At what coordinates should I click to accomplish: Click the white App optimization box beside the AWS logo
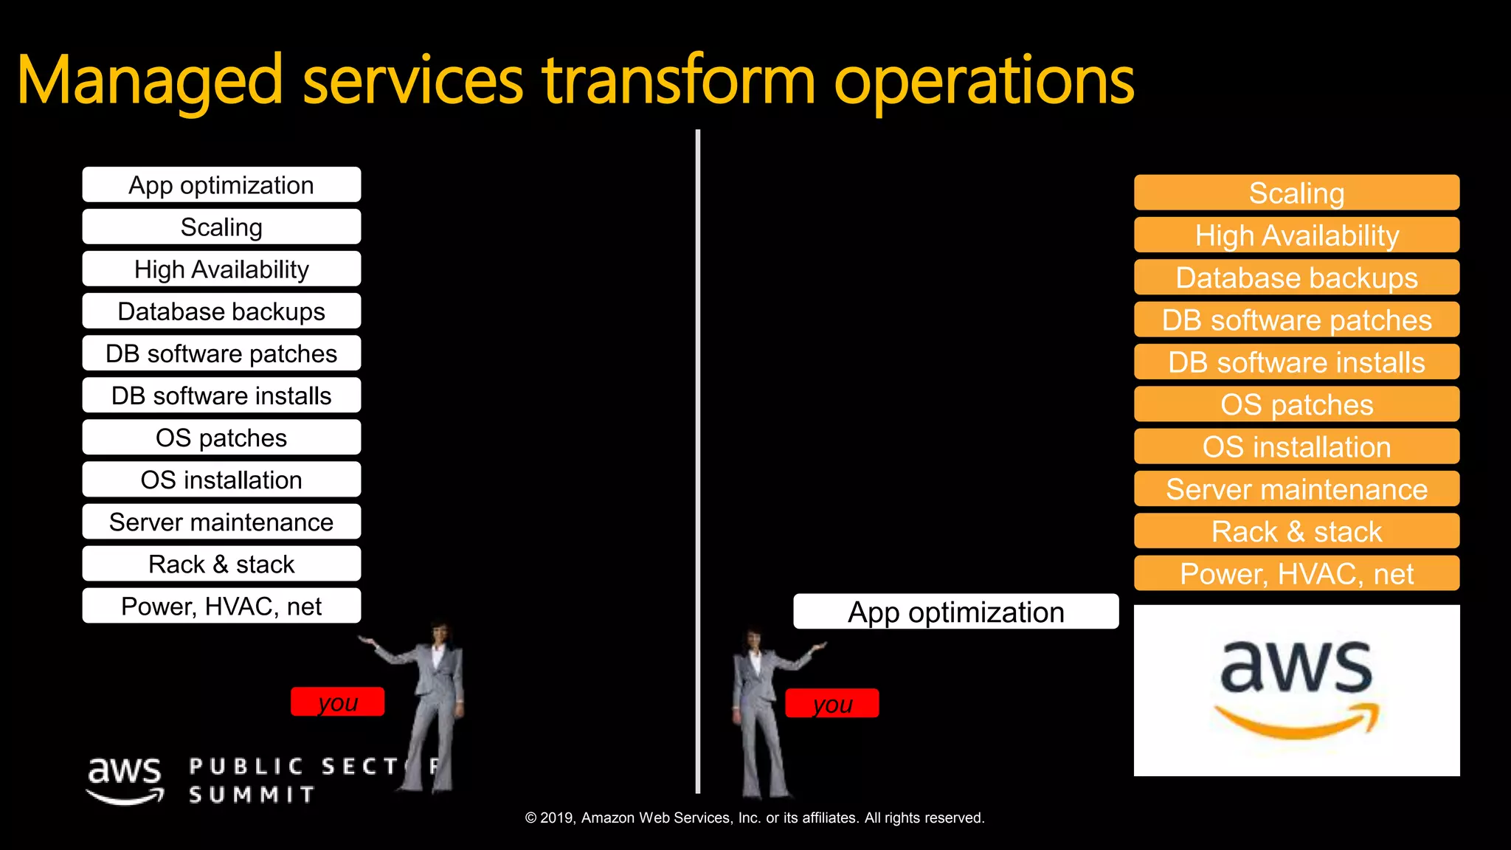[x=955, y=612]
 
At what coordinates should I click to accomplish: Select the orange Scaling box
[x=1296, y=193]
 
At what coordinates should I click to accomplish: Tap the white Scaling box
[x=221, y=227]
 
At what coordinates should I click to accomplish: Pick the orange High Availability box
[x=1296, y=235]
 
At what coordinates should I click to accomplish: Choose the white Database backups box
[x=221, y=311]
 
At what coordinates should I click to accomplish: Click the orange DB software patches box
[x=1296, y=320]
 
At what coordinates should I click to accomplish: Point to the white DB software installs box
[x=221, y=395]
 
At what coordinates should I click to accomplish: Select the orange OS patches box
[x=1296, y=404]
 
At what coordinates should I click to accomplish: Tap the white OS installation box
[x=221, y=480]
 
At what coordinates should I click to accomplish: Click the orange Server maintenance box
[x=1296, y=489]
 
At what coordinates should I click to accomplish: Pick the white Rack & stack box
[x=221, y=564]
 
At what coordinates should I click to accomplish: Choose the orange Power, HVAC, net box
[x=1296, y=573]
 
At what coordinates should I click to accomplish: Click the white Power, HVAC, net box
[x=221, y=607]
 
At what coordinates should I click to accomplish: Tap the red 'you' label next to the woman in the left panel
[x=337, y=702]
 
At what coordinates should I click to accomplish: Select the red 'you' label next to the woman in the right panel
[x=831, y=703]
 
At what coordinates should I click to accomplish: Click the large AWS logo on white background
[x=1296, y=690]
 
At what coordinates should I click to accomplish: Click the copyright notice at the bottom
[x=755, y=818]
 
